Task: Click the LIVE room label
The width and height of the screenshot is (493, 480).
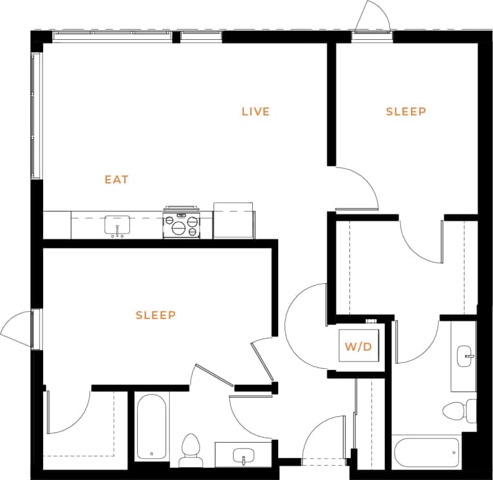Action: pyautogui.click(x=256, y=112)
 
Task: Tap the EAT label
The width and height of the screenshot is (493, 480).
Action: pyautogui.click(x=116, y=180)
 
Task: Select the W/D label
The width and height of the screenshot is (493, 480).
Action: pyautogui.click(x=358, y=347)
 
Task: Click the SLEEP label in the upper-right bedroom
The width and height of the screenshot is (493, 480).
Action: pyautogui.click(x=405, y=112)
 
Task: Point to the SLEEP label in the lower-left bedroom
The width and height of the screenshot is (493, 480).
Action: pyautogui.click(x=156, y=315)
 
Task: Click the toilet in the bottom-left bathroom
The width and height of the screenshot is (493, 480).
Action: pyautogui.click(x=191, y=450)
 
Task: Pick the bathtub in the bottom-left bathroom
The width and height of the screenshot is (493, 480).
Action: pyautogui.click(x=152, y=426)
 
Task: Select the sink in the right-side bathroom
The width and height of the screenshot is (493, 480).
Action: pyautogui.click(x=465, y=355)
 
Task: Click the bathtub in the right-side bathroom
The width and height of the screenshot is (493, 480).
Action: pyautogui.click(x=426, y=453)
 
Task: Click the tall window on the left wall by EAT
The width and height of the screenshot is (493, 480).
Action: pyautogui.click(x=36, y=116)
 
